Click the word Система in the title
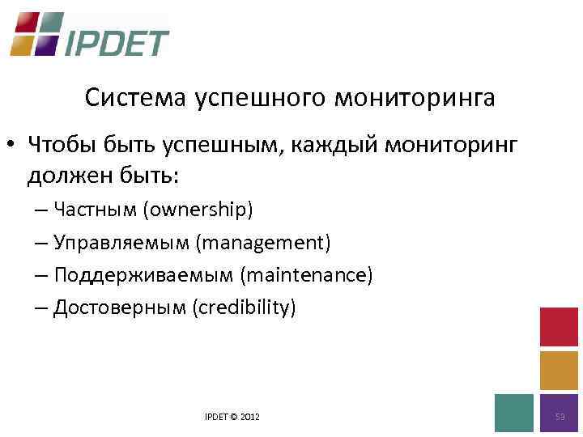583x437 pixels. pyautogui.click(x=135, y=99)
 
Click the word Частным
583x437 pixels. pyautogui.click(x=95, y=210)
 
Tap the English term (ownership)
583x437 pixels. pyautogui.click(x=198, y=210)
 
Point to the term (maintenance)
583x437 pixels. pyautogui.click(x=306, y=275)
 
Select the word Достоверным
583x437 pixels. pyautogui.click(x=119, y=308)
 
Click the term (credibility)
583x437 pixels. pyautogui.click(x=244, y=308)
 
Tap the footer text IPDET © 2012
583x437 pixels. pyautogui.click(x=233, y=416)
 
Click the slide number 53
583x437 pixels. pyautogui.click(x=560, y=416)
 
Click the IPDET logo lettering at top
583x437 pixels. pyautogui.click(x=117, y=43)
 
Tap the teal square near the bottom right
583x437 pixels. pyautogui.click(x=514, y=414)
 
